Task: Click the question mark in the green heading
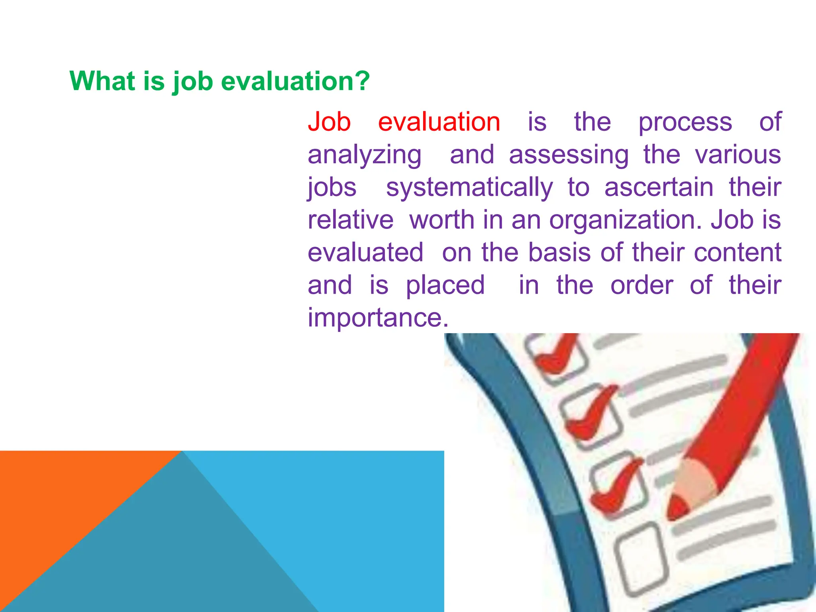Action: pos(361,81)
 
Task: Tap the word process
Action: pos(685,122)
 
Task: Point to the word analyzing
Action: pos(365,155)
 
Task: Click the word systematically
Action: pos(469,188)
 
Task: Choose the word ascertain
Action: pos(659,187)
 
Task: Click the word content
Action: pos(738,253)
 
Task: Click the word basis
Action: pos(559,253)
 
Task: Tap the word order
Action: pos(641,285)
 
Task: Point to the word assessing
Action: pos(569,155)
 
